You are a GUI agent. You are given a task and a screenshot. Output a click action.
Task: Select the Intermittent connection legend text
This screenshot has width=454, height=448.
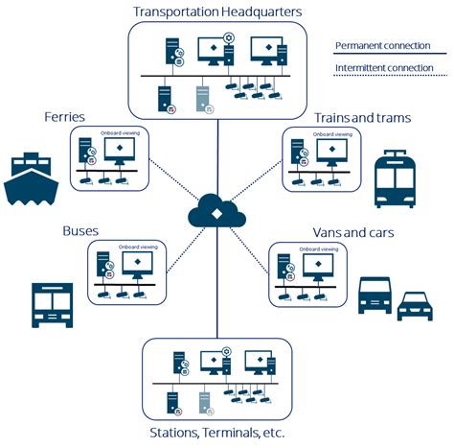(383, 68)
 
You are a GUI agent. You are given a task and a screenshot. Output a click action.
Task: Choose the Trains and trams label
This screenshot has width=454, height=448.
(362, 117)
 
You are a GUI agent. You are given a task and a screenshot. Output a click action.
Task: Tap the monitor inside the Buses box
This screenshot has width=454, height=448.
(138, 266)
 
